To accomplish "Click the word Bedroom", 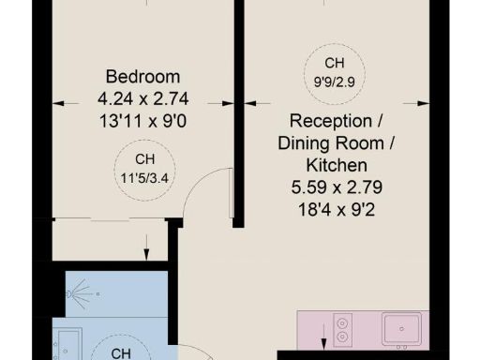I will point(143,76).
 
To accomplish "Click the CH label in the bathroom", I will point(121,353).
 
